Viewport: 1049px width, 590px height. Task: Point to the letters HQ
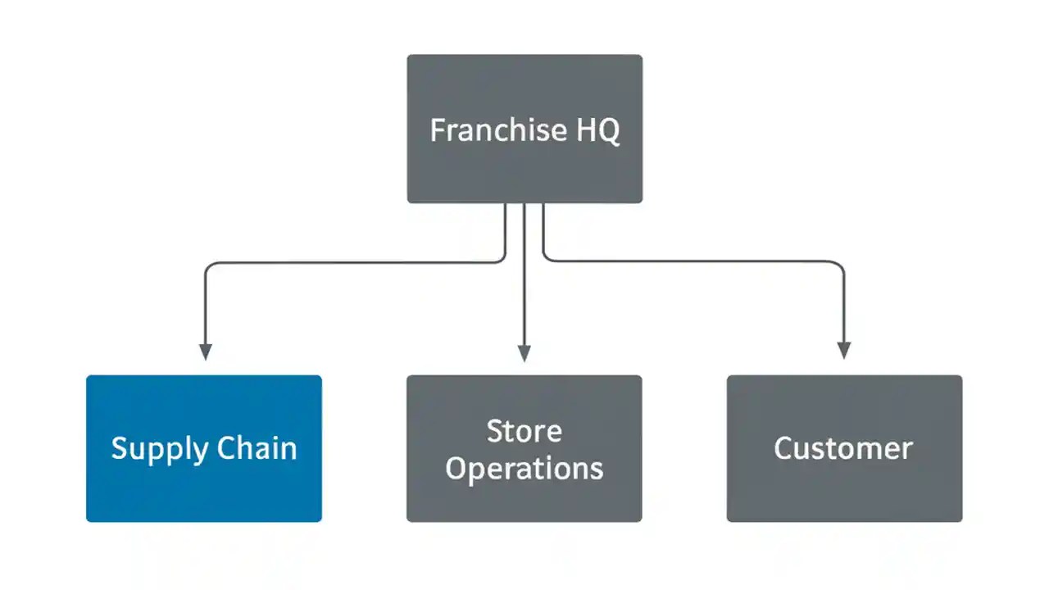point(598,130)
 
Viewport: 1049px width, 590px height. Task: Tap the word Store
point(524,431)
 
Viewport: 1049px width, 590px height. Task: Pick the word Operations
point(524,469)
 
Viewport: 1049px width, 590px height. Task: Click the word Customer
point(843,448)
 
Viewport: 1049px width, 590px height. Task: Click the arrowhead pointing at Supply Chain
point(206,352)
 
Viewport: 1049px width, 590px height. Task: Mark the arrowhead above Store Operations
point(524,353)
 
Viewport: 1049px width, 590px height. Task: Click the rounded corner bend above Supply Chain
point(208,267)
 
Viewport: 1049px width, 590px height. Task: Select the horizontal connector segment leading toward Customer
point(697,261)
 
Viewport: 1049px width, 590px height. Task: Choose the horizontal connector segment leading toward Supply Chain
point(352,263)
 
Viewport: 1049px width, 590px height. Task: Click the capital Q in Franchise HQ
point(608,131)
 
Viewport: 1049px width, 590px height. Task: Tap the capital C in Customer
point(785,448)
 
